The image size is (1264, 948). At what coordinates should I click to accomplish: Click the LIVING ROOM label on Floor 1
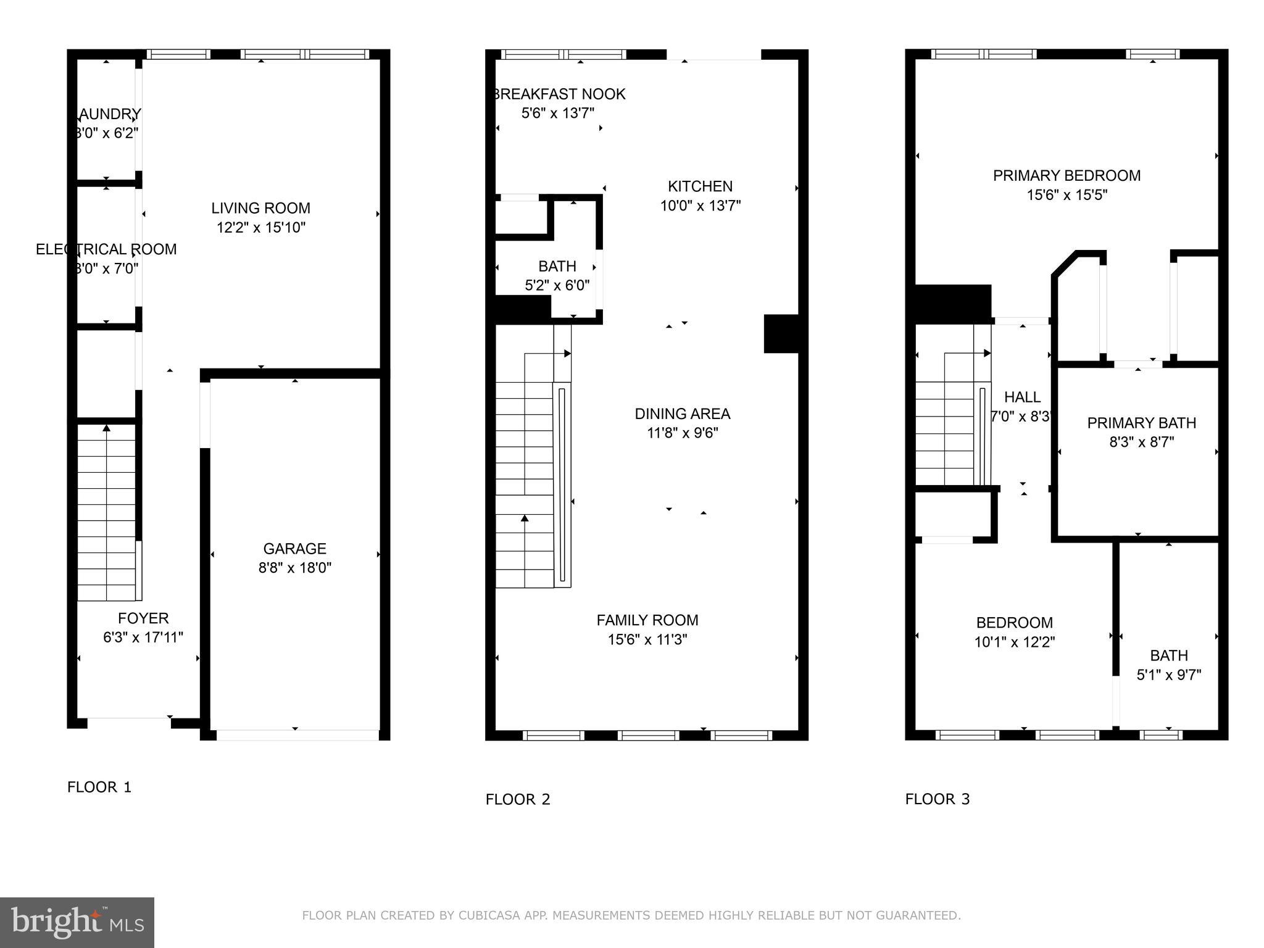260,208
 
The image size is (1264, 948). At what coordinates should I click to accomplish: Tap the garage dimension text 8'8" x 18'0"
294,568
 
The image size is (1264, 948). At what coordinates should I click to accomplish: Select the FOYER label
143,618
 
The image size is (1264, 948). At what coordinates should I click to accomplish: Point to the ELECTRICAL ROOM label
106,249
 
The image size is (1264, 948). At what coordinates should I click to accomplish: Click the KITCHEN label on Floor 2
700,186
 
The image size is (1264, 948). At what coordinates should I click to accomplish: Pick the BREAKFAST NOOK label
559,94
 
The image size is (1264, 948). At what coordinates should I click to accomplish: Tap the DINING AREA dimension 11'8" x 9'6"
682,433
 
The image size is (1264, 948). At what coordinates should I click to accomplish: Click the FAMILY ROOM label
647,620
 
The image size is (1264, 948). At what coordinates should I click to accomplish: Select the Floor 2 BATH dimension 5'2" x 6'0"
557,286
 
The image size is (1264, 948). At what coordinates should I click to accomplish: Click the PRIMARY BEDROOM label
1066,176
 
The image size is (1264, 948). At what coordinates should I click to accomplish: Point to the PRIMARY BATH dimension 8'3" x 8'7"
1141,443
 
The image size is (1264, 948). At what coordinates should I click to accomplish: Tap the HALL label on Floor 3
1022,397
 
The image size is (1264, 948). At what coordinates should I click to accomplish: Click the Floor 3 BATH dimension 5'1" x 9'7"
1168,675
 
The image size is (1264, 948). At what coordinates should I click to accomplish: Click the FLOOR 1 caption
99,787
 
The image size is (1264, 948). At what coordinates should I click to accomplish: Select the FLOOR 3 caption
937,799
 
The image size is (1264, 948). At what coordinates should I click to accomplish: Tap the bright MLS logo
77,923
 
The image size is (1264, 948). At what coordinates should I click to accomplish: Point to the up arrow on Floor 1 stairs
106,428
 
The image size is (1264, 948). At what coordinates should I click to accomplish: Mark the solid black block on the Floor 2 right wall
781,334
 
